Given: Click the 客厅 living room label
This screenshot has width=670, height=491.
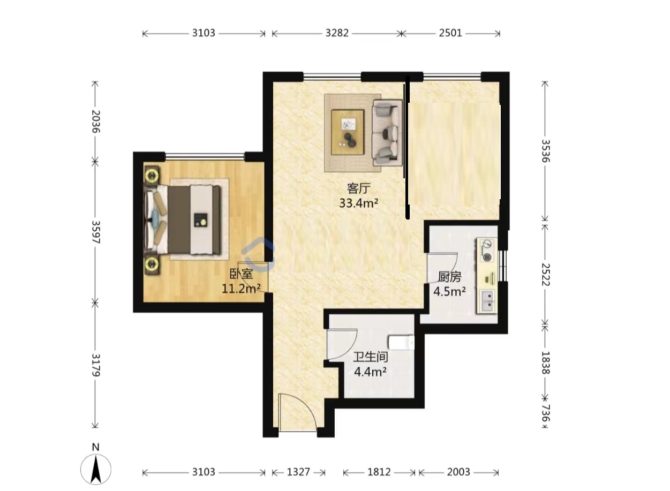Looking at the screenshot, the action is (359, 188).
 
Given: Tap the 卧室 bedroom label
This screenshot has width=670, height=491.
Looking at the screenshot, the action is (241, 274).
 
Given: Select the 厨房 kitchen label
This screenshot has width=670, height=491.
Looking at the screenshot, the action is (449, 277).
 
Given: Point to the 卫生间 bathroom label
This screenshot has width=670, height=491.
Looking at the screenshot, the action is (370, 357).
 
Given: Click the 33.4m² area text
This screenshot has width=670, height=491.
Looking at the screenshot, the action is (359, 203).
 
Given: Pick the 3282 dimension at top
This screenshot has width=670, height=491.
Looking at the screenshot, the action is (337, 33).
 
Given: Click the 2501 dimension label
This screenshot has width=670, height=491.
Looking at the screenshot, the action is (450, 33).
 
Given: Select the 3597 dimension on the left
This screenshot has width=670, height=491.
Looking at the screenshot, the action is (95, 232).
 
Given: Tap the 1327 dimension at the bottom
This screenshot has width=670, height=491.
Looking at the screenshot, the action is (298, 472).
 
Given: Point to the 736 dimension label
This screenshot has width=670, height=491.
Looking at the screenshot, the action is (546, 413).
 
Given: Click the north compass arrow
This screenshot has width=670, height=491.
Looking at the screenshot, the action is (96, 470).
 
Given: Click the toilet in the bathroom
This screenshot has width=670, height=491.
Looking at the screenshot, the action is (401, 343).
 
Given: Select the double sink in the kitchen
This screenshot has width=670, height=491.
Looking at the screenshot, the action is (487, 301).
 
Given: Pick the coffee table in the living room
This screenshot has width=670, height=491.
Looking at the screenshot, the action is (348, 132).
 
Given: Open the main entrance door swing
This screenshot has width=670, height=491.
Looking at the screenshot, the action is (298, 413).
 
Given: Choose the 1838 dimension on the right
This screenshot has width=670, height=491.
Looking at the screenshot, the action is (546, 362).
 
